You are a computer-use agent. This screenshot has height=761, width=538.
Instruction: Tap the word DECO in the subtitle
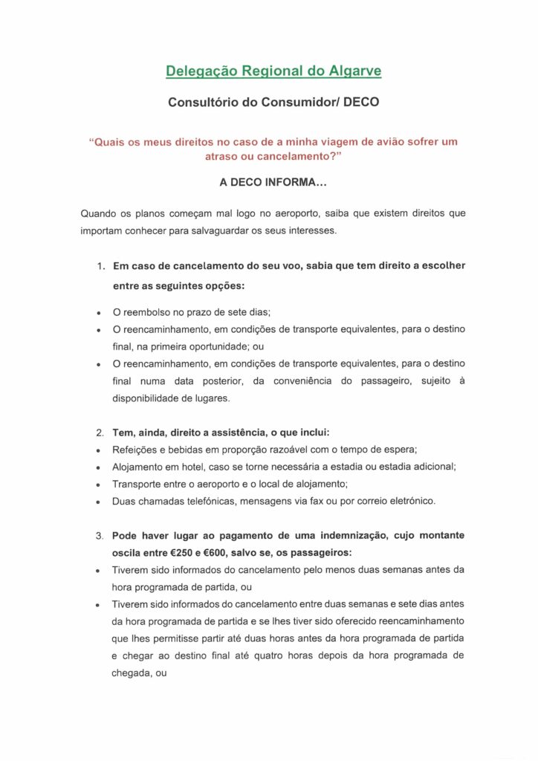[x=362, y=103]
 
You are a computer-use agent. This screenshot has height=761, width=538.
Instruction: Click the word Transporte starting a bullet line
[x=138, y=484]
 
